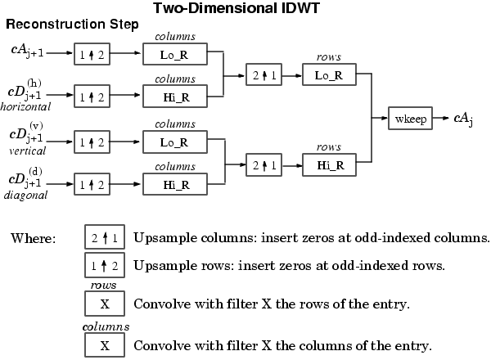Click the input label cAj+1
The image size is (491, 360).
point(28,52)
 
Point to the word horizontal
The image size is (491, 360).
point(26,106)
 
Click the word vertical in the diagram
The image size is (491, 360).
point(23,151)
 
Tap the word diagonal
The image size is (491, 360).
point(25,196)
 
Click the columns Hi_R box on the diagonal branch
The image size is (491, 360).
point(174,184)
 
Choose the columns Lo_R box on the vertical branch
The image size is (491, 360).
point(174,141)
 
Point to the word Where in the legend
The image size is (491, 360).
point(33,239)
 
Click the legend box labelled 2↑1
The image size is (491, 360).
point(105,238)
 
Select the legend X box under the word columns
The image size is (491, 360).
point(105,344)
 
